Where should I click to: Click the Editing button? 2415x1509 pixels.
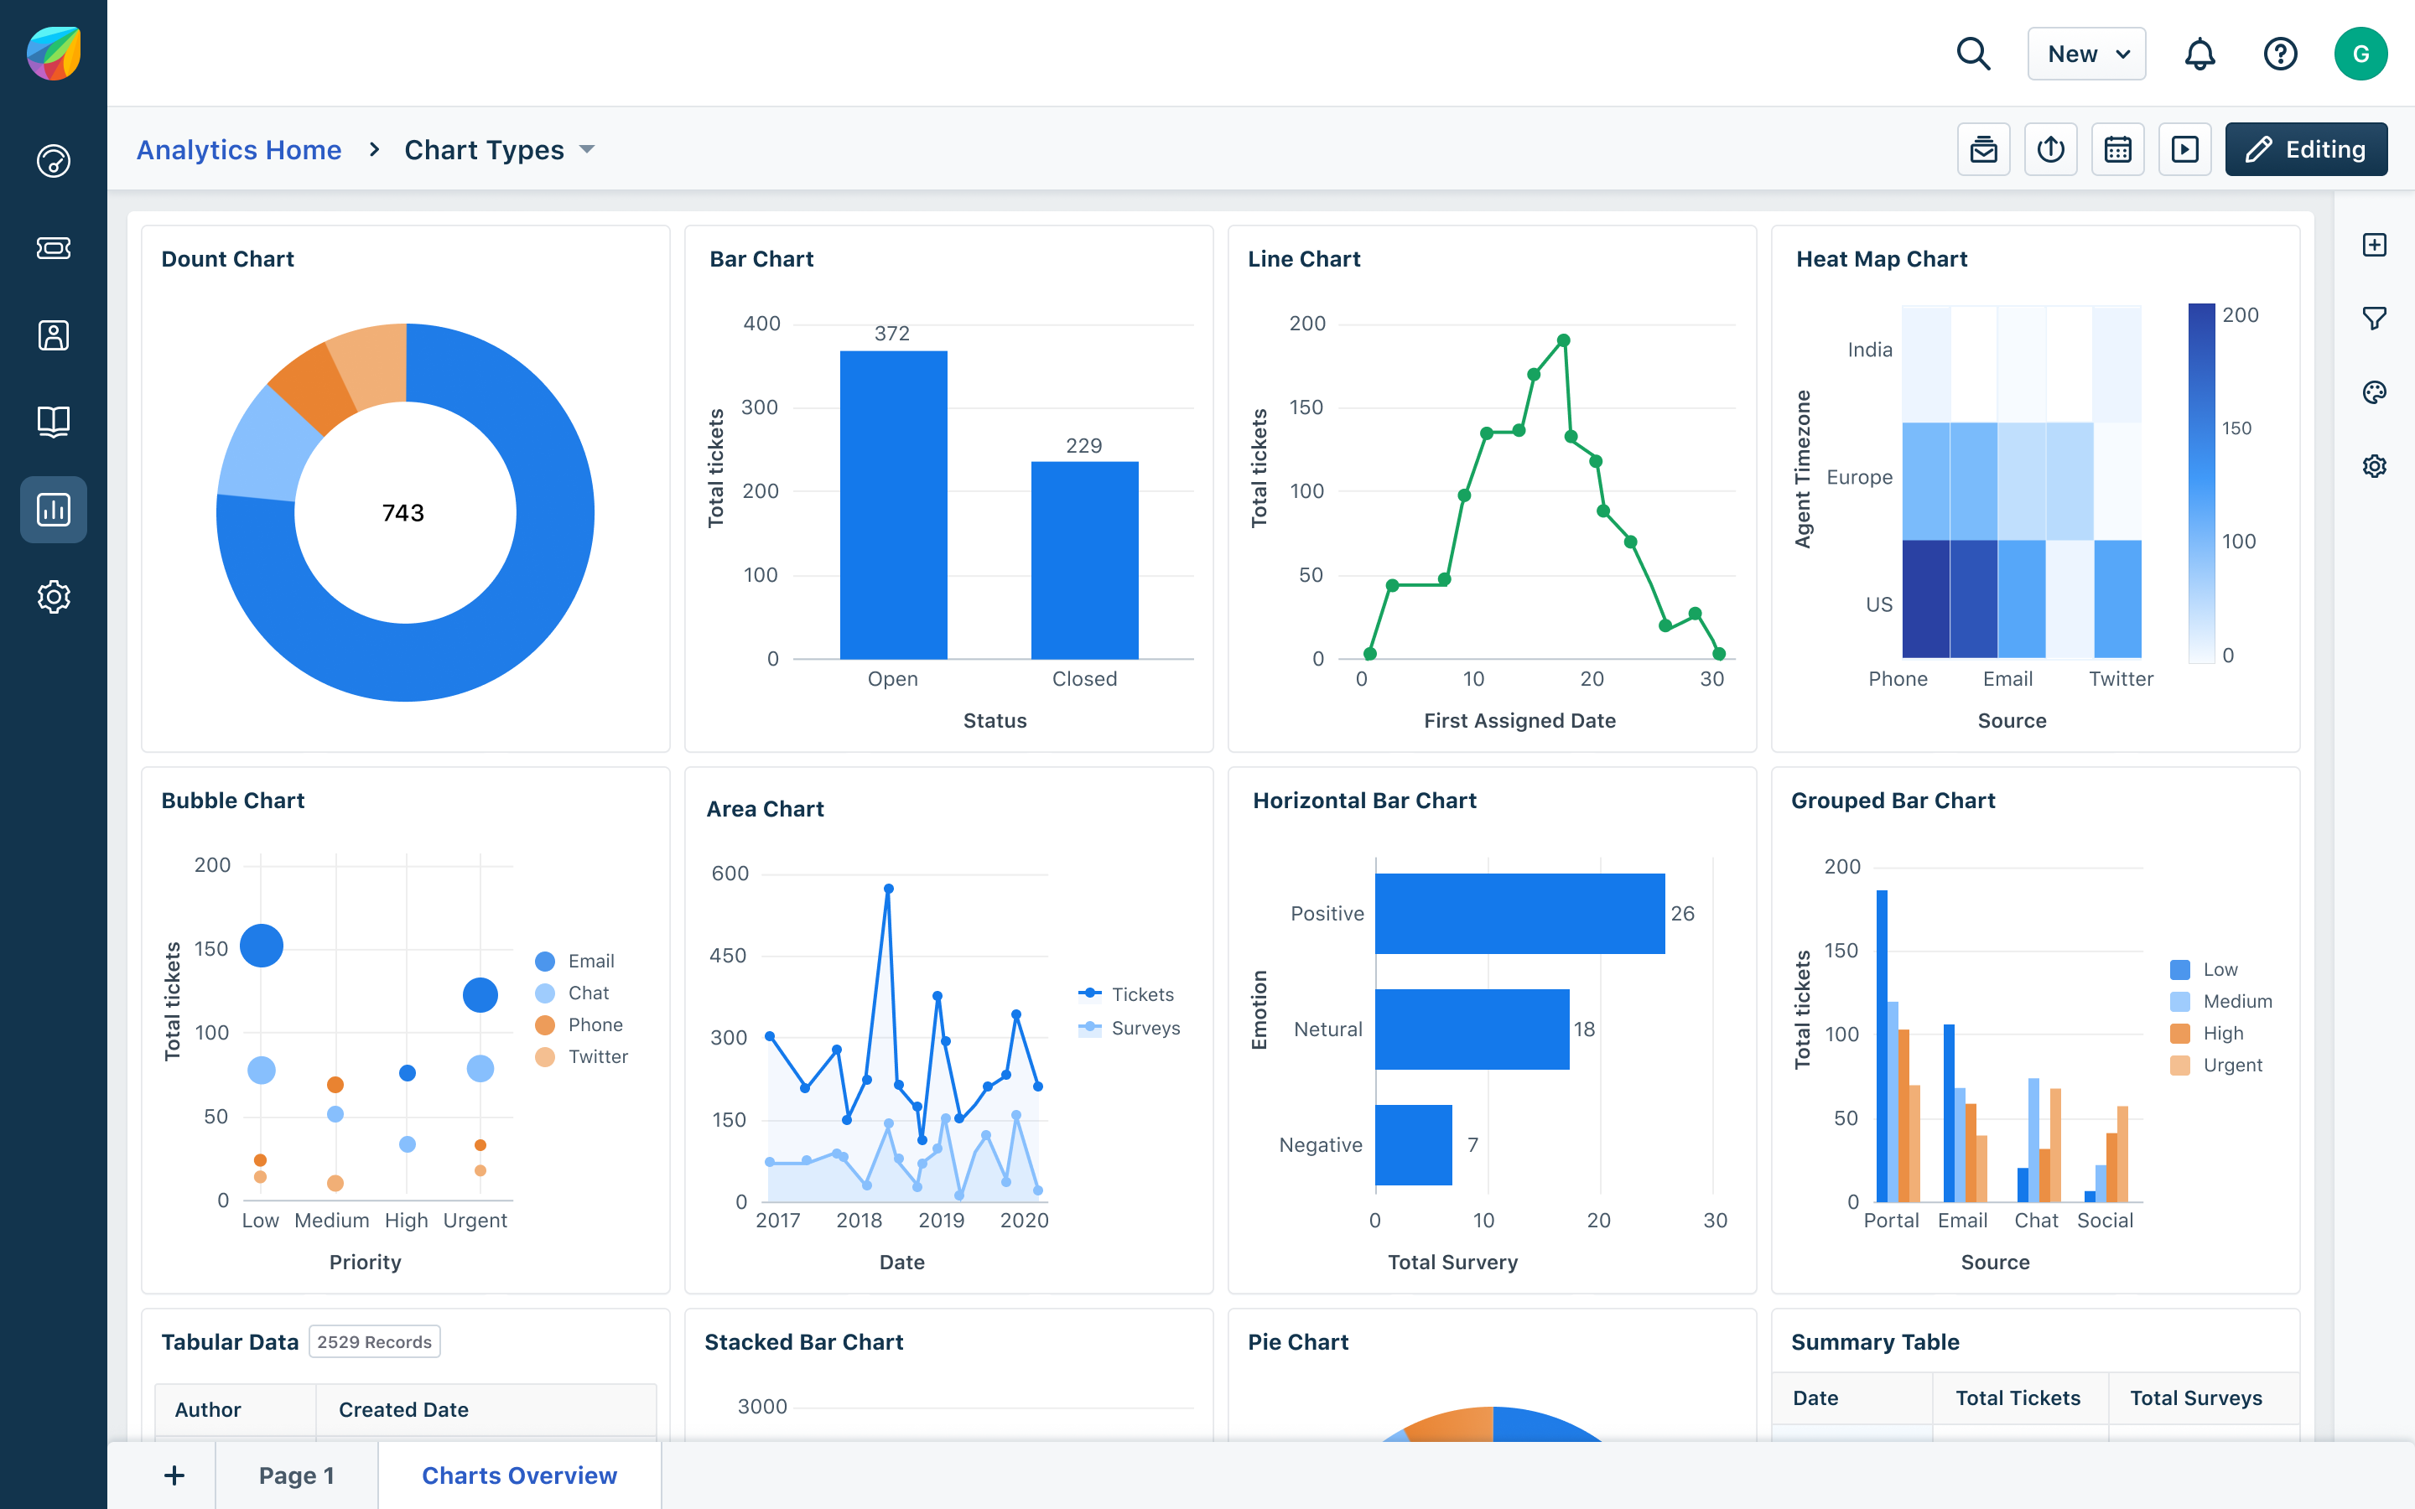(2305, 150)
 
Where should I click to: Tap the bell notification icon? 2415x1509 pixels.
(2199, 54)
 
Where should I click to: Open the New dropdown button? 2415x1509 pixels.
(2085, 54)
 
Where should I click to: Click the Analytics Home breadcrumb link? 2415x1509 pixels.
(238, 150)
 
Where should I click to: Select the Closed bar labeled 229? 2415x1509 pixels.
(1083, 559)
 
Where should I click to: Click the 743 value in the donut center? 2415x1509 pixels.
(403, 513)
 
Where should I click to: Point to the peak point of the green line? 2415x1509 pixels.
(1564, 340)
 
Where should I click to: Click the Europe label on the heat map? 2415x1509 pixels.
(1859, 477)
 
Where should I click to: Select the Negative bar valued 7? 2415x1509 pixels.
(1413, 1144)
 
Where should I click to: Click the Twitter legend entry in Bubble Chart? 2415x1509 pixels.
(597, 1057)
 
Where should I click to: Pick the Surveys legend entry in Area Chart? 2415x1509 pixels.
(1145, 1028)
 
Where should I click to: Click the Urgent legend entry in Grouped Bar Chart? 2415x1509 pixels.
(2231, 1065)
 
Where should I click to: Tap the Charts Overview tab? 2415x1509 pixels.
(519, 1475)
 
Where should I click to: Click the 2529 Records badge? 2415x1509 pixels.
(374, 1342)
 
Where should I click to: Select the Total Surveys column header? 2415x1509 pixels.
(2195, 1398)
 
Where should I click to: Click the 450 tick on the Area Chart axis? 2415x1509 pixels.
(729, 955)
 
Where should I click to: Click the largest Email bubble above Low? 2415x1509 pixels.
(262, 945)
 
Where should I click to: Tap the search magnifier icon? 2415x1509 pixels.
(1973, 54)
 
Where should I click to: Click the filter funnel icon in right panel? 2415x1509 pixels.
(2374, 319)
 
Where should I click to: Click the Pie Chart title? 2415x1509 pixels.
(1297, 1342)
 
